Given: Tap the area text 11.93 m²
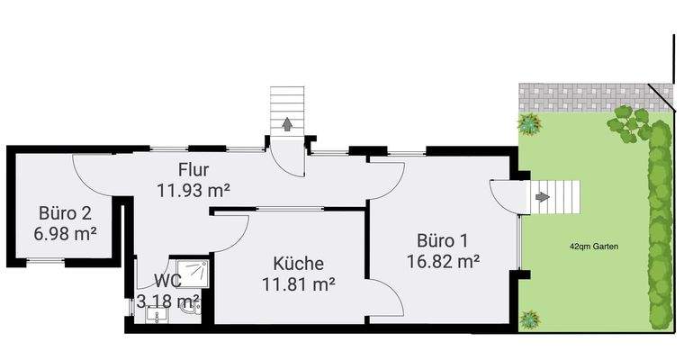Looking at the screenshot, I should (x=193, y=190).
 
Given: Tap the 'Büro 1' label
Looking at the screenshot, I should (x=441, y=241).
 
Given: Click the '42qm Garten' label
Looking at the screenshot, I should (x=594, y=246).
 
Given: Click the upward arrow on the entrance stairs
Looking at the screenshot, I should (x=287, y=124).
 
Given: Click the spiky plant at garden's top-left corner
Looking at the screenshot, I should (x=529, y=122).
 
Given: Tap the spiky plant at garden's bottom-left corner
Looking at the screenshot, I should (x=529, y=318).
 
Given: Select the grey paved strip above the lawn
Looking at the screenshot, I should (x=585, y=94).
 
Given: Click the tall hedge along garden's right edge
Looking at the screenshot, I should (x=661, y=225).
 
